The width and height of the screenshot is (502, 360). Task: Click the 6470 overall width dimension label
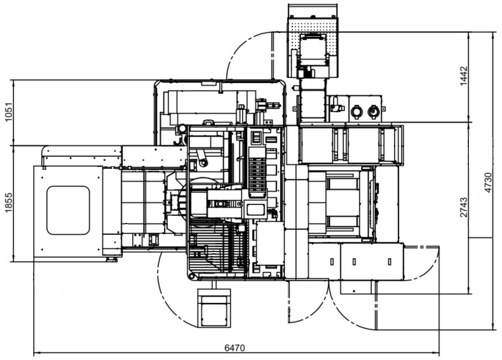(x=234, y=348)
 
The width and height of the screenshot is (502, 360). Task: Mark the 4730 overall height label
(x=487, y=183)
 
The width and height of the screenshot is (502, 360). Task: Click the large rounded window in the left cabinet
(x=68, y=210)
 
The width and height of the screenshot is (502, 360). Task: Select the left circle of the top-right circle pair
(x=356, y=111)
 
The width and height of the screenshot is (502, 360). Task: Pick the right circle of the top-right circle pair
(x=372, y=111)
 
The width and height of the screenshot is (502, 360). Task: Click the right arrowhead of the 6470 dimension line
(x=436, y=353)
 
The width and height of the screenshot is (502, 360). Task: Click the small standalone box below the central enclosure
(x=214, y=308)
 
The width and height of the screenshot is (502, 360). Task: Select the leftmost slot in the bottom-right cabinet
(x=332, y=262)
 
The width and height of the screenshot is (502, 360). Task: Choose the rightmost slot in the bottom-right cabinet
(x=390, y=262)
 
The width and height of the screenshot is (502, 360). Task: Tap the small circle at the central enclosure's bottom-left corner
(x=191, y=276)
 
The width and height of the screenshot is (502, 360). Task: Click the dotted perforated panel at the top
(x=313, y=48)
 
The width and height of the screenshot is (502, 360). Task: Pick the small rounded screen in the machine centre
(x=255, y=210)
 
